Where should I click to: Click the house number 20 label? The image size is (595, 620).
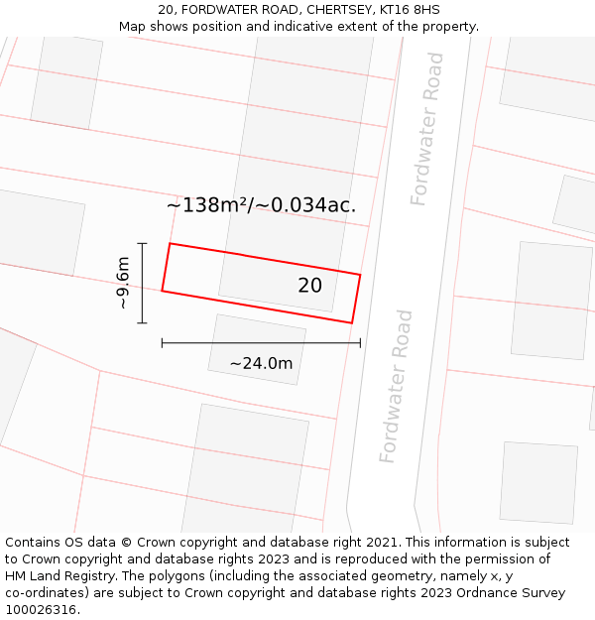[309, 286]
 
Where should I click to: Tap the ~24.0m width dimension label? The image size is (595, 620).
[261, 363]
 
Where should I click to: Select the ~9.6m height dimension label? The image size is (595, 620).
[123, 283]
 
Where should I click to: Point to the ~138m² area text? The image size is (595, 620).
[209, 205]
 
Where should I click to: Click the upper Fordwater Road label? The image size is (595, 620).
[427, 129]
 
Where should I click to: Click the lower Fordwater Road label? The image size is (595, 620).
[396, 386]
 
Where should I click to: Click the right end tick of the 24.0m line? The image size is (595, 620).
[360, 343]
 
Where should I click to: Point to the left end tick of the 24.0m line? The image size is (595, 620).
[162, 343]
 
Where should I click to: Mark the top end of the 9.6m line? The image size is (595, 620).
[143, 243]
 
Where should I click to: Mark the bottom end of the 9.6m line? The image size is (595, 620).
[143, 322]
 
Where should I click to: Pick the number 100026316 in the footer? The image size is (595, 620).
[39, 609]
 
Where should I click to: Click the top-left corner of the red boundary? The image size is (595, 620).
[170, 243]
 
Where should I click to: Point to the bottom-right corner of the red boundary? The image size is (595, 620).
[352, 322]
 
